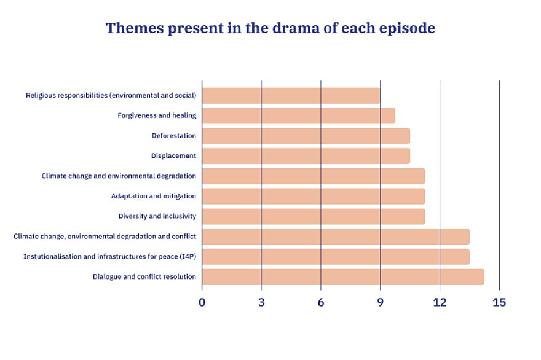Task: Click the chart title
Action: pyautogui.click(x=270, y=28)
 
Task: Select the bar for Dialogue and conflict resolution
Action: pyautogui.click(x=343, y=277)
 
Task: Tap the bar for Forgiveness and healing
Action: pyautogui.click(x=299, y=116)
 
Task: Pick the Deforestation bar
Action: pyautogui.click(x=306, y=136)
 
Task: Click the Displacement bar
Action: pyautogui.click(x=306, y=156)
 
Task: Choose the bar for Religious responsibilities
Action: pyautogui.click(x=291, y=95)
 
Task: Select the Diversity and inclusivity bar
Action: pyautogui.click(x=314, y=216)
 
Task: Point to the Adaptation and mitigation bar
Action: pyautogui.click(x=314, y=196)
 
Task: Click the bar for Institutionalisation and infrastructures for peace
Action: pyautogui.click(x=336, y=257)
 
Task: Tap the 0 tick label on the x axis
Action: pyautogui.click(x=202, y=302)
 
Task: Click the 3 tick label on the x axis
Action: pyautogui.click(x=261, y=302)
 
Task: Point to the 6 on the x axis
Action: pyautogui.click(x=321, y=302)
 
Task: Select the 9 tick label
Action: pyautogui.click(x=380, y=302)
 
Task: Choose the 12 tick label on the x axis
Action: pyautogui.click(x=440, y=302)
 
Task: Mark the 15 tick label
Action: pyautogui.click(x=499, y=302)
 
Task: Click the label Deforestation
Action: pyautogui.click(x=174, y=136)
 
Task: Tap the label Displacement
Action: pyautogui.click(x=173, y=156)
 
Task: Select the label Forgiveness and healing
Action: pyautogui.click(x=157, y=115)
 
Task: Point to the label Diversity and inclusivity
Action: pyautogui.click(x=157, y=216)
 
